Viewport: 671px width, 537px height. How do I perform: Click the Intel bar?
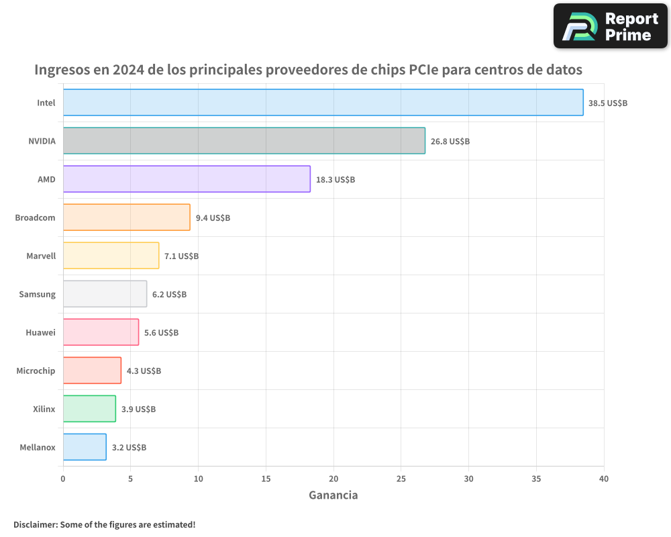point(323,103)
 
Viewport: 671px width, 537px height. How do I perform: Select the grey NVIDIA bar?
point(244,141)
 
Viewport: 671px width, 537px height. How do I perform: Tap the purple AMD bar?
point(187,179)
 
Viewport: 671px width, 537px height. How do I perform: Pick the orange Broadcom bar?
point(126,217)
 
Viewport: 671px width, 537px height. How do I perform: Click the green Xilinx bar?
point(89,409)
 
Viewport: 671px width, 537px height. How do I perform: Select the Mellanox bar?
point(85,447)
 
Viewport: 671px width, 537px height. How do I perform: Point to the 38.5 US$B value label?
point(607,103)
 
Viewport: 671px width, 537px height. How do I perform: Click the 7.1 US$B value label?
point(181,256)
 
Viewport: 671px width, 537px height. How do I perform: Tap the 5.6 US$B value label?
point(161,333)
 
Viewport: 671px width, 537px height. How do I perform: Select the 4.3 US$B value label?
point(144,371)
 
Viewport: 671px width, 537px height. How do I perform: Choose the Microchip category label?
point(36,371)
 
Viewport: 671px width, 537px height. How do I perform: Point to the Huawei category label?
point(40,332)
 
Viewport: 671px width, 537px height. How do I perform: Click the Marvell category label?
point(41,256)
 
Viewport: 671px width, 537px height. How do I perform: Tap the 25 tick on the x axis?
point(401,479)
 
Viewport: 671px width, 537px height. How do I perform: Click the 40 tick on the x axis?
point(604,479)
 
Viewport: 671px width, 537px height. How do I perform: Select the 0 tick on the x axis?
point(63,479)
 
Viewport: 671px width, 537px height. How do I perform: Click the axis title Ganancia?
point(333,495)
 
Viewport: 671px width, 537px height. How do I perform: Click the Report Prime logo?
point(610,26)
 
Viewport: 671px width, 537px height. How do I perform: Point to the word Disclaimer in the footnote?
point(35,524)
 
